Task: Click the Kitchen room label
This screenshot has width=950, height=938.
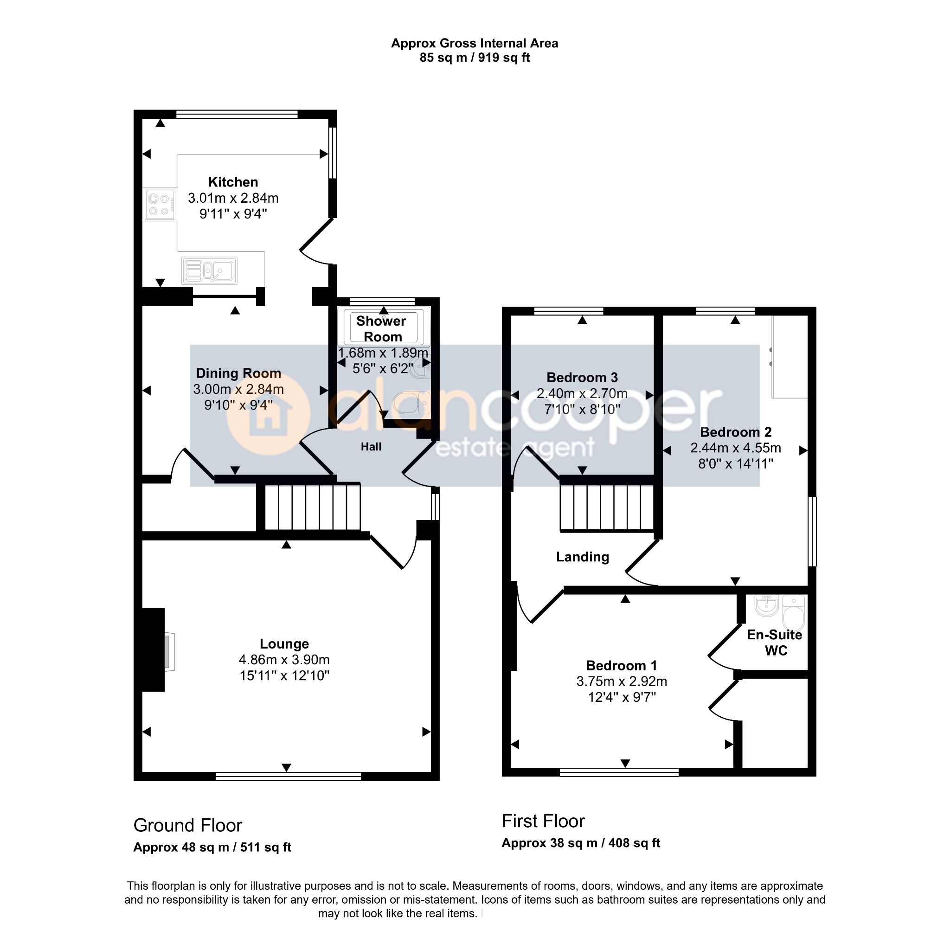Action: [233, 182]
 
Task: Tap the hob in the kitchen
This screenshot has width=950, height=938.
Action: [160, 205]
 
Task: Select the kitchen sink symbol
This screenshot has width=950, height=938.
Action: [209, 270]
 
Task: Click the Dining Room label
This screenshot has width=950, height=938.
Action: [238, 373]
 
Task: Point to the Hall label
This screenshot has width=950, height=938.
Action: [371, 447]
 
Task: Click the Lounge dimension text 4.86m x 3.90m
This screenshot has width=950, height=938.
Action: [284, 660]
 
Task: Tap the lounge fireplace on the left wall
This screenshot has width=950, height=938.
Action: [154, 650]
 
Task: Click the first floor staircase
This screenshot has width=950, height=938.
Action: [607, 508]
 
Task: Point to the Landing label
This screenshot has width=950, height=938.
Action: [583, 557]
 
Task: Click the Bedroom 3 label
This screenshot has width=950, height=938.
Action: [582, 377]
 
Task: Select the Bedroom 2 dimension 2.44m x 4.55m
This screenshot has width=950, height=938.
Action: [736, 448]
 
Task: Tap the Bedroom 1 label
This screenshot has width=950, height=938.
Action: [622, 666]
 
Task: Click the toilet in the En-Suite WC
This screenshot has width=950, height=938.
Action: [793, 613]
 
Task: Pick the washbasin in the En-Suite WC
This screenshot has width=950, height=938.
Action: [767, 605]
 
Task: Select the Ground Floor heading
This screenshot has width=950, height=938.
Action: [188, 825]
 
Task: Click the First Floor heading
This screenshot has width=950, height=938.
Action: [543, 821]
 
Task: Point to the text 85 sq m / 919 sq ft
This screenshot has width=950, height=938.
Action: [475, 58]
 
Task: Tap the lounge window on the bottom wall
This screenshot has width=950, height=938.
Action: [288, 776]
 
